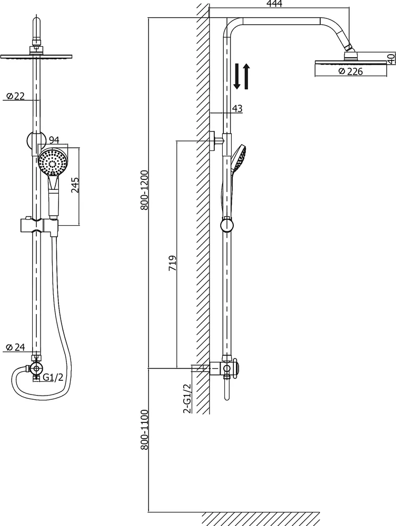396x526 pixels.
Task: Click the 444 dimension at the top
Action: point(275,4)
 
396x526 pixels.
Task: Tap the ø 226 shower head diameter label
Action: point(351,72)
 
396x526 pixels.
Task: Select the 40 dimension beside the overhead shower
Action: point(391,59)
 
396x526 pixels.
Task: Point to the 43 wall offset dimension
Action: point(237,108)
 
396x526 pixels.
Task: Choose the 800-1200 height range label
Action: point(144,190)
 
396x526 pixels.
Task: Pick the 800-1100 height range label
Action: point(144,429)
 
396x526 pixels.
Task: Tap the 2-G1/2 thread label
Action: point(187,398)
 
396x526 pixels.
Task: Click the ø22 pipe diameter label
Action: point(15,96)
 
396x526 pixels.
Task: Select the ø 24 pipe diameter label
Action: point(15,347)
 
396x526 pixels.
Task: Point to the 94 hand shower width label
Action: point(54,140)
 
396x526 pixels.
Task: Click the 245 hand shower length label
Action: point(75,185)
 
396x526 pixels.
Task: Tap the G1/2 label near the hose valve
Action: point(53,377)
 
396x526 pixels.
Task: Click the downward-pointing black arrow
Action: point(237,76)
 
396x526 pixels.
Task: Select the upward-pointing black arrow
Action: point(246,76)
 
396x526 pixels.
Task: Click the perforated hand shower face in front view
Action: point(53,161)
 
